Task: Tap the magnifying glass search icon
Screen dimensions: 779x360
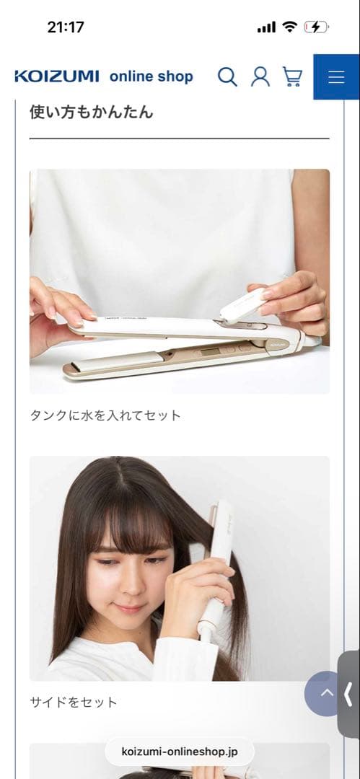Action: pos(227,76)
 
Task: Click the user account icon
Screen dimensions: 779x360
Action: pos(260,76)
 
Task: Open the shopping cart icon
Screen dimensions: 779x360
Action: pos(292,76)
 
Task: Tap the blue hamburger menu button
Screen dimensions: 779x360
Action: pos(336,77)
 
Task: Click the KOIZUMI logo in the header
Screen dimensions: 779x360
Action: pos(57,76)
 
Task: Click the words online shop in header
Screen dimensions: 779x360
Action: pos(152,76)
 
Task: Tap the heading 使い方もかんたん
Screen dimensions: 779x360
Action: pos(91,112)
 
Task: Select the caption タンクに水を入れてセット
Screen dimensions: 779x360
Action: pos(105,415)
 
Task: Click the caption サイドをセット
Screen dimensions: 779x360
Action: pos(73,702)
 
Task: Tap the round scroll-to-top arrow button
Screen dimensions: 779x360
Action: pos(326,693)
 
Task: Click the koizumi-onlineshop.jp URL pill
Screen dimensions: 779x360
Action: pos(180,752)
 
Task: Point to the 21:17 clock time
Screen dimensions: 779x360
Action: pos(66,27)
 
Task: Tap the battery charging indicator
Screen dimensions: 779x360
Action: pos(316,27)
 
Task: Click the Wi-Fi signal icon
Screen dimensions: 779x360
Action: pos(290,27)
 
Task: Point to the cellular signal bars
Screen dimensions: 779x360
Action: pos(266,27)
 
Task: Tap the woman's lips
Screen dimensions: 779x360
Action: pos(130,608)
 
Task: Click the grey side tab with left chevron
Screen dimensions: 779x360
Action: pos(348,694)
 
